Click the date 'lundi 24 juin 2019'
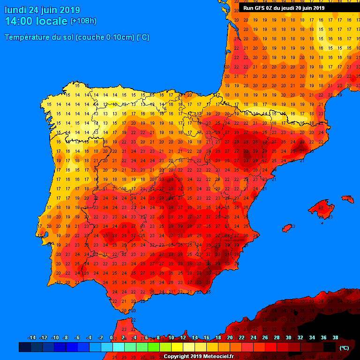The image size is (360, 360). tap(42, 10)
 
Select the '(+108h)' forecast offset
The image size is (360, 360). tap(83, 21)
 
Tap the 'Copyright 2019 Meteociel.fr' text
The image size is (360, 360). tap(198, 356)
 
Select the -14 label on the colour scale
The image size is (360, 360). tap(31, 337)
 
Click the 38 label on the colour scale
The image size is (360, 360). tap(335, 337)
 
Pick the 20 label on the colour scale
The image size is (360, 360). tap(230, 337)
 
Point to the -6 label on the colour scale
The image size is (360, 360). tap(77, 337)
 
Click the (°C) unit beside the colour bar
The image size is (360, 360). tap(344, 348)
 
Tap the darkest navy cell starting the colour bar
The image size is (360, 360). tap(24, 347)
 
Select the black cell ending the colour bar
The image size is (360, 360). tap(329, 347)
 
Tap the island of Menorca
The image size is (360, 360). tap(348, 199)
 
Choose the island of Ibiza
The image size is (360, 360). tap(287, 228)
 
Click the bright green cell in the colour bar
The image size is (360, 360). tap(153, 347)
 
